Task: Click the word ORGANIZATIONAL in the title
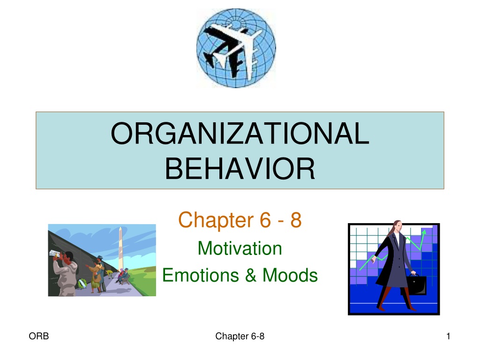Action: click(x=240, y=133)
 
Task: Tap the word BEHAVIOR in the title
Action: click(x=240, y=169)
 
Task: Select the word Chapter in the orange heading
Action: click(x=216, y=220)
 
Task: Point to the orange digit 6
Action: click(x=265, y=220)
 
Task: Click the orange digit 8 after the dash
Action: click(x=296, y=220)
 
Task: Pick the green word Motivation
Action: click(x=240, y=248)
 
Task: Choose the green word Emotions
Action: click(x=201, y=275)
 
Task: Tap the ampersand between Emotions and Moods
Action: click(x=251, y=275)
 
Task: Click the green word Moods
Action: click(x=290, y=275)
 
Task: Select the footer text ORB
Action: click(x=39, y=336)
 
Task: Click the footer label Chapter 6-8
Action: click(x=240, y=336)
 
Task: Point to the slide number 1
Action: click(x=448, y=336)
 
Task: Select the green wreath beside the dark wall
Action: click(x=81, y=284)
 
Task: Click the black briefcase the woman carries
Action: click(x=416, y=285)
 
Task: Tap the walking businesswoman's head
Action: click(x=397, y=226)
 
